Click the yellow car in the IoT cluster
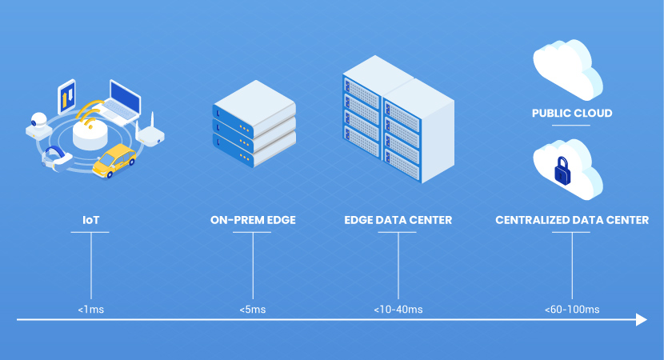coord(114,161)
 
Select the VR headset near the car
coord(56,158)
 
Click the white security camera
coord(38,126)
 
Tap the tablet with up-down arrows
coord(66,97)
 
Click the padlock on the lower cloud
coord(562,170)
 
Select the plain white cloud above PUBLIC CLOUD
coord(568,70)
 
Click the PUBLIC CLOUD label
coord(572,113)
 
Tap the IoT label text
coord(90,220)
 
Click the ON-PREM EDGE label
coord(253,220)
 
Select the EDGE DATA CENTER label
coord(398,220)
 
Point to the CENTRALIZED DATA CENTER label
coord(572,220)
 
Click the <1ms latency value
coord(90,310)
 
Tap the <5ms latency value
coord(252,310)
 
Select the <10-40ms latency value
coord(398,310)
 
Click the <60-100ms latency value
coord(572,310)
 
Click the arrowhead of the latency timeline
coord(642,320)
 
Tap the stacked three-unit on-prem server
coord(254,124)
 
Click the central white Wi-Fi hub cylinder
coord(90,134)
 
